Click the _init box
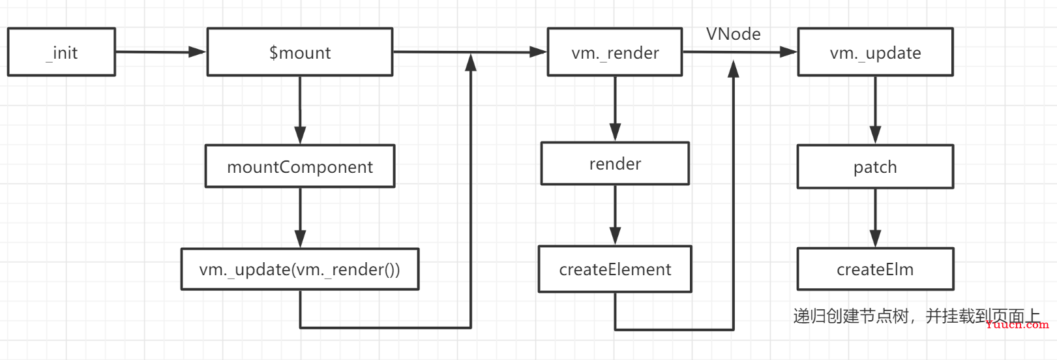tap(61, 52)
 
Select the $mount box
tap(300, 52)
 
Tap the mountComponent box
tap(300, 166)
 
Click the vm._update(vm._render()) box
tap(300, 269)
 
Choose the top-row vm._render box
tap(615, 52)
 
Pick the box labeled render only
tap(615, 163)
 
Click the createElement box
tap(615, 269)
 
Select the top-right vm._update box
tap(875, 52)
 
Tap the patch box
tap(875, 166)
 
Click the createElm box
tap(875, 269)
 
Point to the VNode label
tap(734, 34)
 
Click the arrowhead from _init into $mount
tap(197, 52)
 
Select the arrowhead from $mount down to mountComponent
tap(300, 136)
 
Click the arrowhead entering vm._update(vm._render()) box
tap(300, 239)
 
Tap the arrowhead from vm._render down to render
tap(615, 132)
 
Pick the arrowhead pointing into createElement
tap(615, 236)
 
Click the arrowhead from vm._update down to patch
tap(875, 136)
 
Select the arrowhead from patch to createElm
tap(875, 239)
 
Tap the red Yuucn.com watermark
tap(1017, 324)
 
